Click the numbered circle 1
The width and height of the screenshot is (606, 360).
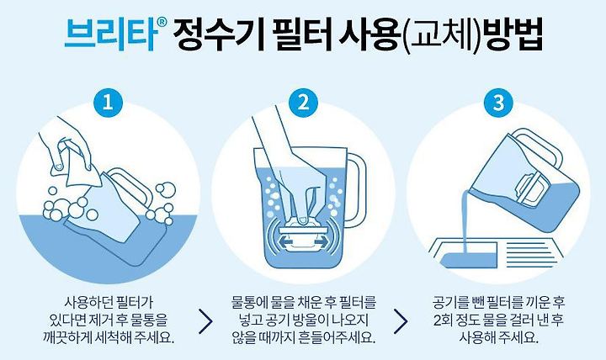coord(108,103)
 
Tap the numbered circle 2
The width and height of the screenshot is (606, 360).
coord(303,103)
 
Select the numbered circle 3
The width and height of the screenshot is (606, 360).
coord(498,103)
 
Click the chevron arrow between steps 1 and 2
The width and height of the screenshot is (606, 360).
coord(206,320)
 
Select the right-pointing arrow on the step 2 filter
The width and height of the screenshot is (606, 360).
coord(322,242)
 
